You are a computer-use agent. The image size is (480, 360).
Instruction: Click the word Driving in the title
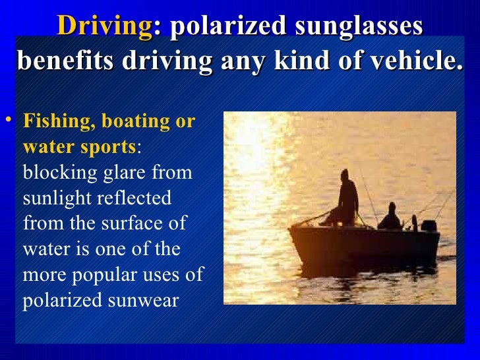pos(105,26)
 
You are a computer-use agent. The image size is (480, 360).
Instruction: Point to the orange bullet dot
pos(9,119)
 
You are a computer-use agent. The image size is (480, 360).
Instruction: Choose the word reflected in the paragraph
pos(138,197)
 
